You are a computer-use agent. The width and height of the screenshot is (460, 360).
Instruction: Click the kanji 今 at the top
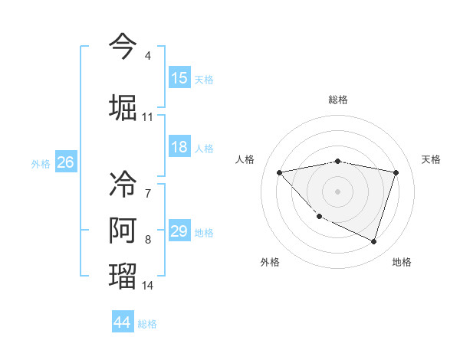(123, 45)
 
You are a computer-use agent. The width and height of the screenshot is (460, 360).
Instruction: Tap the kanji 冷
(123, 183)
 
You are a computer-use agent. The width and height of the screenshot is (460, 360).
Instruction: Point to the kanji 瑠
(123, 275)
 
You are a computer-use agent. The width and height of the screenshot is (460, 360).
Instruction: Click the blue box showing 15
(179, 78)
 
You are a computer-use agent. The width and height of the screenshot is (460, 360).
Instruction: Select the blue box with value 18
(179, 148)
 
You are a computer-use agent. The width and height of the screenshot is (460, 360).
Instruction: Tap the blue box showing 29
(179, 232)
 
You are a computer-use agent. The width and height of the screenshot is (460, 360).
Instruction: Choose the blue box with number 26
(65, 162)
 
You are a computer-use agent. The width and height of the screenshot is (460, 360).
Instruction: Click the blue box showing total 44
(123, 322)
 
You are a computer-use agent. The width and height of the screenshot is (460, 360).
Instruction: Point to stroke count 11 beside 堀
(147, 117)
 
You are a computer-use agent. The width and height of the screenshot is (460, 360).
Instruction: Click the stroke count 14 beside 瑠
(148, 286)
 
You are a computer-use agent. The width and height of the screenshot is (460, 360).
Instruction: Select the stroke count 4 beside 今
(147, 57)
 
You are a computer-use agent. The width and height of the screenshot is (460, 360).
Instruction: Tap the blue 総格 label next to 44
(147, 324)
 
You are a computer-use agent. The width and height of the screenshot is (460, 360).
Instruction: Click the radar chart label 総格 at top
(337, 100)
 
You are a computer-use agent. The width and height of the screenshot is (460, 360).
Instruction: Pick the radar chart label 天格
(432, 159)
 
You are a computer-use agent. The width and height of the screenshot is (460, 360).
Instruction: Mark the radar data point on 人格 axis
(280, 172)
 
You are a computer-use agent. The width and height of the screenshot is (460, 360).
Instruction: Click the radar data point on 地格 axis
(373, 241)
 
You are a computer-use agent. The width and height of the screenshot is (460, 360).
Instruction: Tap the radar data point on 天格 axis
(396, 172)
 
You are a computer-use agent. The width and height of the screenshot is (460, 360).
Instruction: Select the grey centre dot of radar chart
(337, 191)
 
